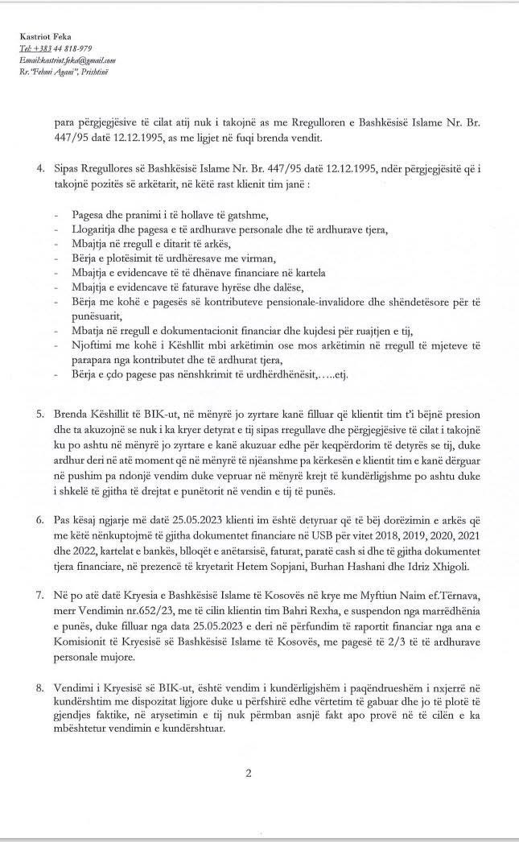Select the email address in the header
click(x=68, y=60)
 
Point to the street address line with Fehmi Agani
click(x=63, y=72)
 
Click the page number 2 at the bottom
click(x=249, y=774)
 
